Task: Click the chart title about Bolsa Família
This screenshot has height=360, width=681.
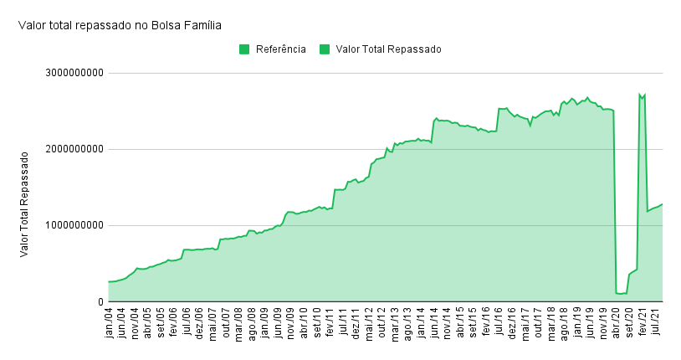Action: pos(120,25)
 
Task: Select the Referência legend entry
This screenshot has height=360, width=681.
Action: pos(280,49)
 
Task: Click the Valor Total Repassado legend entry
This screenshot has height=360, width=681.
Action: pos(387,49)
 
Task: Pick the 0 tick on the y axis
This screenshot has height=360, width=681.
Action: pos(100,302)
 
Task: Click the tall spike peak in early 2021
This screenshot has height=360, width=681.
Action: pos(640,94)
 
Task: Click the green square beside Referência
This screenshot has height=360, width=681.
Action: pos(244,49)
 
